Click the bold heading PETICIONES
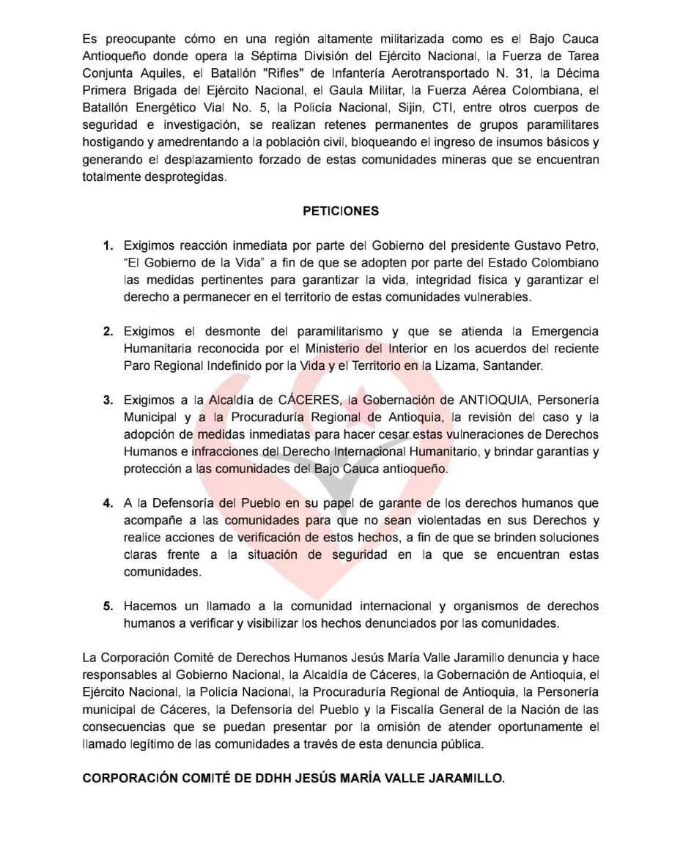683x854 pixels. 341,211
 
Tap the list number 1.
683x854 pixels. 108,245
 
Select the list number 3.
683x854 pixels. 108,400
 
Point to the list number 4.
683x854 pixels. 108,503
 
